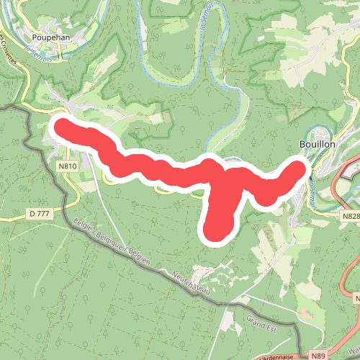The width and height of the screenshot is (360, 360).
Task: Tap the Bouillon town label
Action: pos(317,144)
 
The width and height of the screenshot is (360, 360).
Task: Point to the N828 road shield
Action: pos(351,216)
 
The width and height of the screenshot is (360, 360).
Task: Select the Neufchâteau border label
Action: pos(192,282)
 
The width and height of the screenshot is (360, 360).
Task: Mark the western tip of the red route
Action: pos(60,127)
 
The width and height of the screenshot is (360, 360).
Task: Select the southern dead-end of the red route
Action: pos(215,230)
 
